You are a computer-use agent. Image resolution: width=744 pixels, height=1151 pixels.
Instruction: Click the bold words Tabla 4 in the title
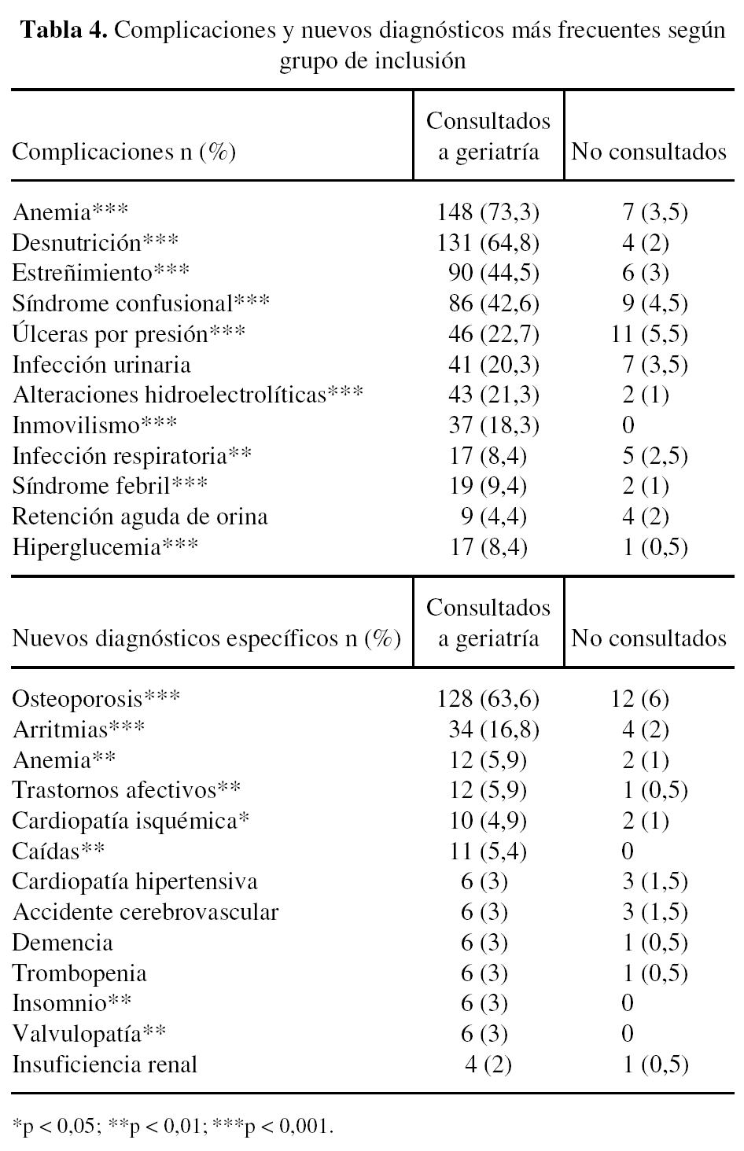tap(65, 31)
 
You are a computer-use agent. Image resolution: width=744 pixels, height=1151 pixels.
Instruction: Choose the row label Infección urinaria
tap(101, 365)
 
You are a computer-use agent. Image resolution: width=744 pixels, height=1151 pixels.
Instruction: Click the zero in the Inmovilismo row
tap(628, 426)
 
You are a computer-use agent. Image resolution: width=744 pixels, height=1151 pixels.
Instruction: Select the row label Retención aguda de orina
tap(140, 517)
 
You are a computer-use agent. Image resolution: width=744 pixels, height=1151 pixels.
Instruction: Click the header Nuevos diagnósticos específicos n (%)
tap(206, 638)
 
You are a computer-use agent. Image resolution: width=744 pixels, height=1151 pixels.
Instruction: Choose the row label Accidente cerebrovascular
tap(145, 912)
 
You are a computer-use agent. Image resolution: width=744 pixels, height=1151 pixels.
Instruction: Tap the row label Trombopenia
tap(79, 973)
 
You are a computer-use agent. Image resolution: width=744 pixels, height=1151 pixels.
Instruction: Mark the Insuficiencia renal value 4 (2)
tap(488, 1065)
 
